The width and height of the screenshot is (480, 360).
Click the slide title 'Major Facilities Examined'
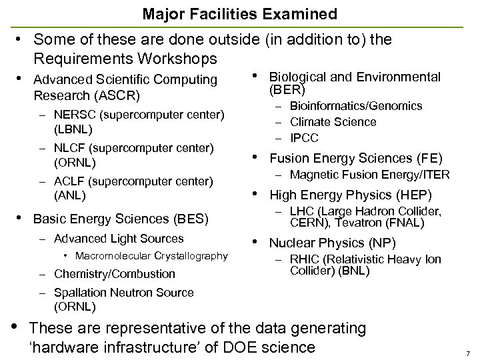click(x=239, y=13)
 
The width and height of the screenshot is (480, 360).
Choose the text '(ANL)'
click(x=69, y=196)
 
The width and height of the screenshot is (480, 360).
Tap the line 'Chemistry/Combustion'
click(x=115, y=273)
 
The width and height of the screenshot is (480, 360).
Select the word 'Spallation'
click(x=78, y=292)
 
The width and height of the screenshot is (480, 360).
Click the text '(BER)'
click(x=287, y=90)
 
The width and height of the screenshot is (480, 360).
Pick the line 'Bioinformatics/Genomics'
click(x=356, y=106)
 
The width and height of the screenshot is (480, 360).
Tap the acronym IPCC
click(x=304, y=138)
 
